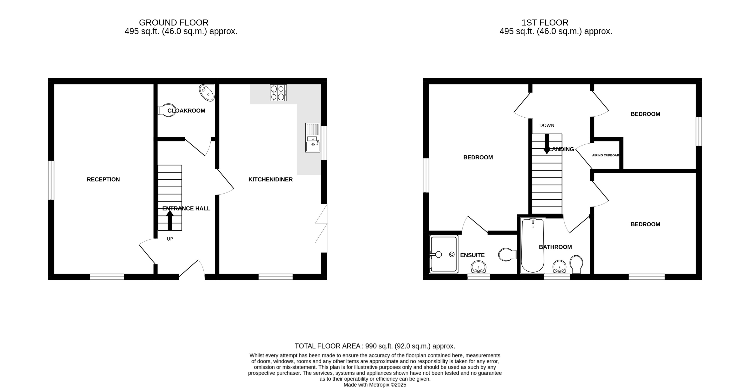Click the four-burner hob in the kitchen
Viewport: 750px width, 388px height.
coord(278,93)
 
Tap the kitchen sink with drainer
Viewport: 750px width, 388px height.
coord(312,138)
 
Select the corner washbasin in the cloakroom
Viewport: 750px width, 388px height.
coord(207,93)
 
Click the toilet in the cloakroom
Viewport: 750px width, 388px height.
coord(166,110)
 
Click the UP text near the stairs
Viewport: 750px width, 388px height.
coord(170,239)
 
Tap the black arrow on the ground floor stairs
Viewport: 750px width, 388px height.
coord(170,220)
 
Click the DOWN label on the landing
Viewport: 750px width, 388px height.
coord(546,126)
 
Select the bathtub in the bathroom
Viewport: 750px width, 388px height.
coord(532,246)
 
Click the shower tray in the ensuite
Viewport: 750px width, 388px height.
coord(443,254)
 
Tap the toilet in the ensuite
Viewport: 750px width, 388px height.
coord(507,255)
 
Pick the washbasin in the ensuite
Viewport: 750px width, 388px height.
coord(478,267)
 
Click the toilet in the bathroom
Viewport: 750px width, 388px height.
coord(576,264)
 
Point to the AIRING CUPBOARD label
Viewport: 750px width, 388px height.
coord(605,155)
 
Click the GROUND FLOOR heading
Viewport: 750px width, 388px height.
coord(174,23)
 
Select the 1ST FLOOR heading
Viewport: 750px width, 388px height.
coord(545,23)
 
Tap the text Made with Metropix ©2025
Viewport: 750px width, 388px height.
coord(375,385)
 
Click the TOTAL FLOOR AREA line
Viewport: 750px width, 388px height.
coord(375,346)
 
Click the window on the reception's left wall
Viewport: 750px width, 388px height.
coord(51,180)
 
